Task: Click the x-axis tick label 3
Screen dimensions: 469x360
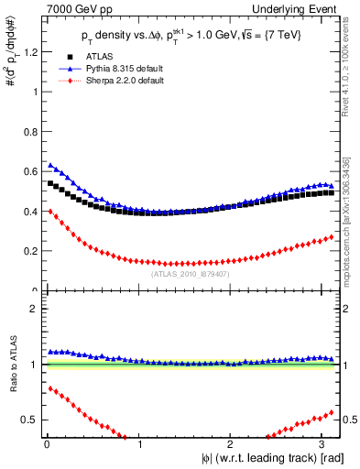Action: [324, 443]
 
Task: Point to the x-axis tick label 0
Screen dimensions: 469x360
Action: [46, 443]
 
